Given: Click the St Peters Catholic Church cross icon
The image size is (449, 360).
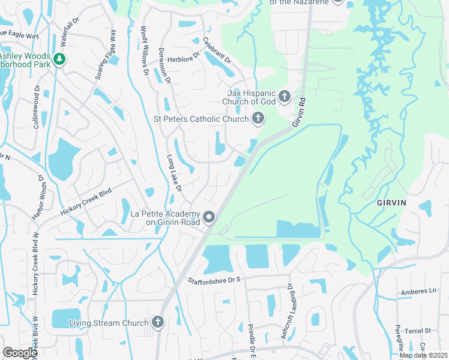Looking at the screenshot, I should click(x=258, y=118).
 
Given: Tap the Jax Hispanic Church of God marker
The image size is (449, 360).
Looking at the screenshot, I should click(x=285, y=96).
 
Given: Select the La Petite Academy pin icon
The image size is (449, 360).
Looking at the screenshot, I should click(x=209, y=217).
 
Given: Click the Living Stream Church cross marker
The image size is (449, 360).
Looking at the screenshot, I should click(x=158, y=323).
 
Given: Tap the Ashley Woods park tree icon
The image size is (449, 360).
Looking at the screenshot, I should click(x=59, y=58).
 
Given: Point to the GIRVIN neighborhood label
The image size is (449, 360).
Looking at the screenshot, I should click(x=391, y=203).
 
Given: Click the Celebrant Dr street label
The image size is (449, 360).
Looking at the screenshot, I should click(x=217, y=50).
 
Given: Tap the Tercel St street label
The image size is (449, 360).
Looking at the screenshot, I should click(x=419, y=331).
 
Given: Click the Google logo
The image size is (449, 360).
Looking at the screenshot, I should click(x=20, y=353).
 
